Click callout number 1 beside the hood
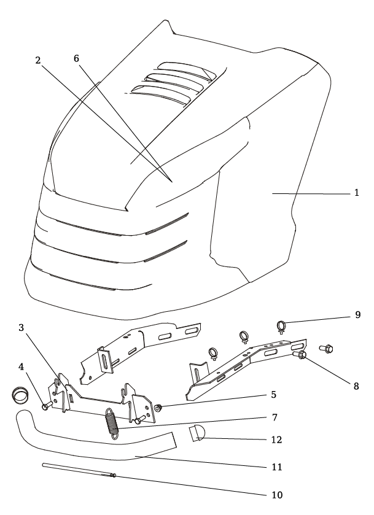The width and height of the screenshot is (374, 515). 356,193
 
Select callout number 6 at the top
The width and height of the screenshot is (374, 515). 76,57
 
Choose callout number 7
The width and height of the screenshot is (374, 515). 274,418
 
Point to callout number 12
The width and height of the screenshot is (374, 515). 274,439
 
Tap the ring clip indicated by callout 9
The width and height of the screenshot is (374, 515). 281,324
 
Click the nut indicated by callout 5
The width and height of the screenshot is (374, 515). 158,407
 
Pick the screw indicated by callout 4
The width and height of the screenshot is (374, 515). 45,406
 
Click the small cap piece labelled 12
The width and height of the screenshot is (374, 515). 197,435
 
